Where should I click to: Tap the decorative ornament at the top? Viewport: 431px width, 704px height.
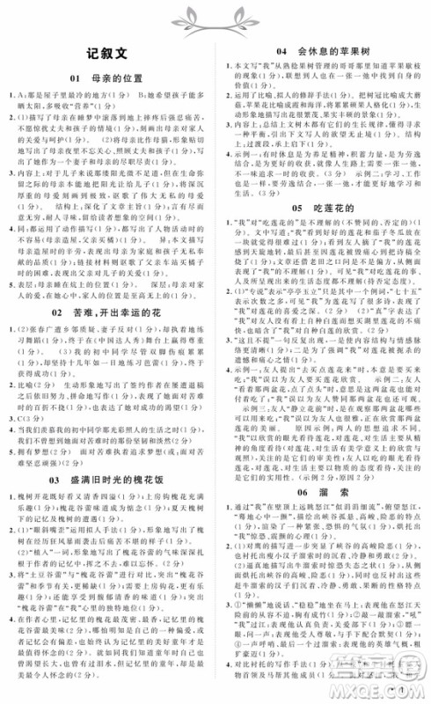(215, 15)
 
